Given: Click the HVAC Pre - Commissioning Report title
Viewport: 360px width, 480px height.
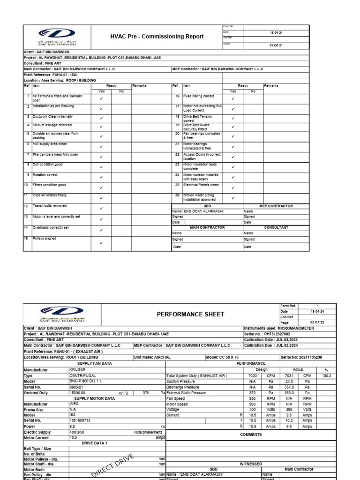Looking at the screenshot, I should coord(157,36).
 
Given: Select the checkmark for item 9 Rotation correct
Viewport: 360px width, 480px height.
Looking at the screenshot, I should coord(101,176).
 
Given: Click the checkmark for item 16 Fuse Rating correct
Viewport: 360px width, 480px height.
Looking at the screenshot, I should coord(233,98).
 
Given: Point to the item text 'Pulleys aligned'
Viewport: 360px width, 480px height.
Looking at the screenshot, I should coord(44,239).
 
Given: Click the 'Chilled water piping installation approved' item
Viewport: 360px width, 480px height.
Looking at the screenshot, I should coord(196,197).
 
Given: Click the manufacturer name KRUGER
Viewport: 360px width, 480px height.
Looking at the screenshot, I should coord(78,369).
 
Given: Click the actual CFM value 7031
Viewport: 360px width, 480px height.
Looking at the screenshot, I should coord(289,375).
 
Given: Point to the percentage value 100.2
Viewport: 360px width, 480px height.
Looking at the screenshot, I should coord(327,375).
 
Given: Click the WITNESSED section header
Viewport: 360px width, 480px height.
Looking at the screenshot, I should coord(251,464).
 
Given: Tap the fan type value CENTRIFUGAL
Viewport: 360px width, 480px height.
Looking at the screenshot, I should coord(82,375).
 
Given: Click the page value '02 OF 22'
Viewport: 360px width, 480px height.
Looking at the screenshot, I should coord(307,323).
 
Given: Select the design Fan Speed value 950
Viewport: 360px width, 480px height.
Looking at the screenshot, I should coord(252,398).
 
